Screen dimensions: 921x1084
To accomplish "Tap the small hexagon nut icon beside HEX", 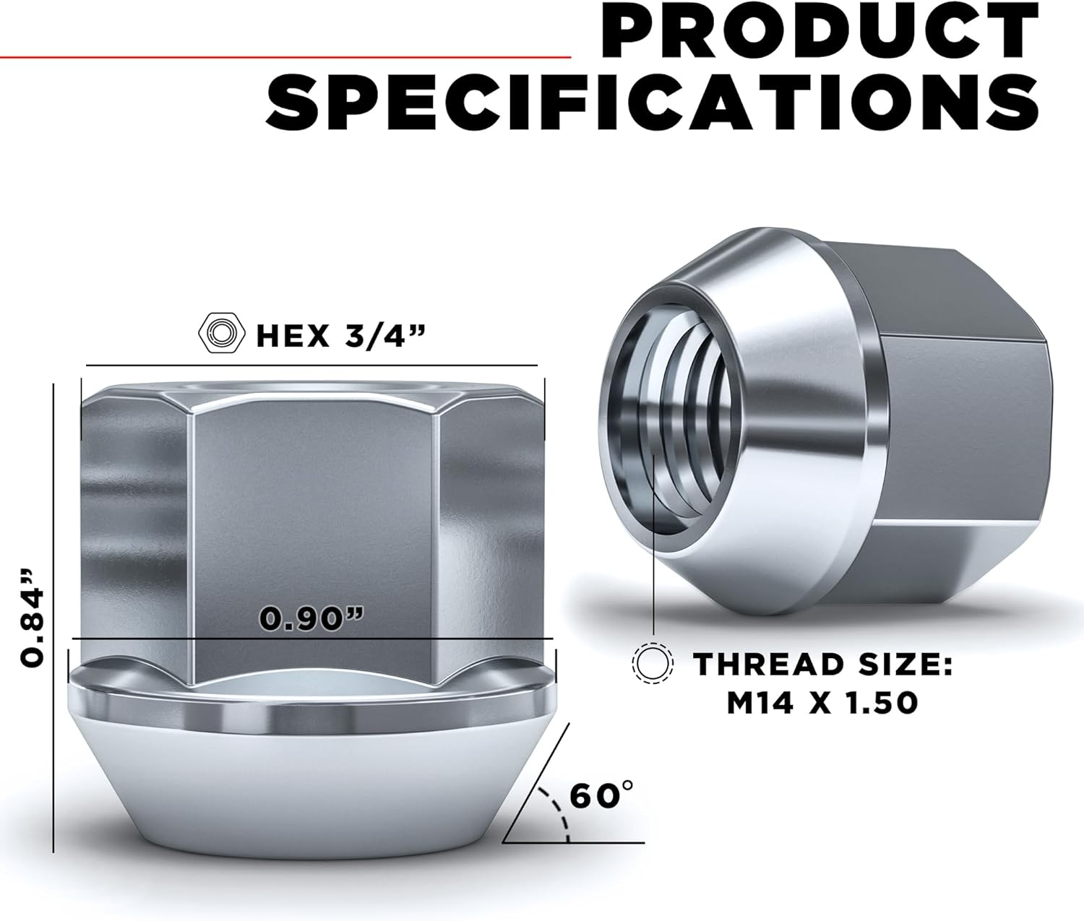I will point(220,334).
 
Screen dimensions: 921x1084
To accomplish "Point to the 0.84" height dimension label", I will point(33,615).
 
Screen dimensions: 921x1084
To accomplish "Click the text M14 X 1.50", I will point(822,702).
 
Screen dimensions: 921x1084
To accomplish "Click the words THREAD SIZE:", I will point(822,663).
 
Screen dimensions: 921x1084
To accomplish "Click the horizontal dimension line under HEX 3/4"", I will point(311,366).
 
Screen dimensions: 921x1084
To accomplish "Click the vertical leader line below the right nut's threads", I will point(653,578).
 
